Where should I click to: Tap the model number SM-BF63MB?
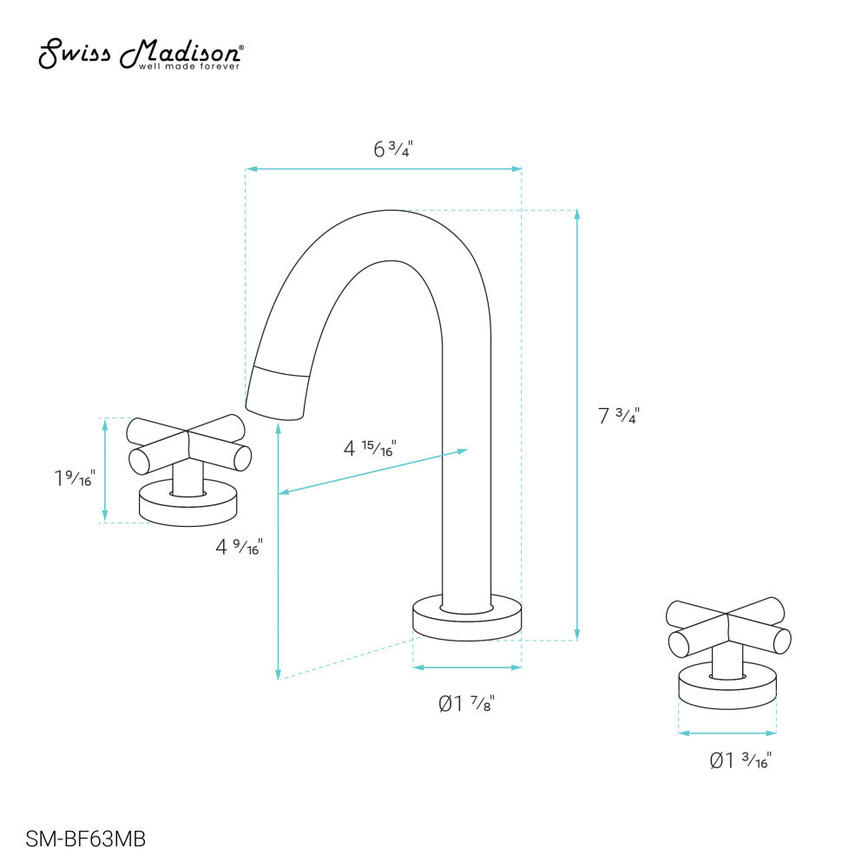click(x=86, y=839)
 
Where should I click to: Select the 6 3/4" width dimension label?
click(x=392, y=148)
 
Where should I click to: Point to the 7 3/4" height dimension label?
click(x=619, y=416)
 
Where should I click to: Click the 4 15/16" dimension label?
click(x=370, y=449)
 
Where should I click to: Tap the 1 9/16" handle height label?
click(x=72, y=477)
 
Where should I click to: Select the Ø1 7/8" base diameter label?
click(x=466, y=703)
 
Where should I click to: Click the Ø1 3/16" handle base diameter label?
click(x=740, y=761)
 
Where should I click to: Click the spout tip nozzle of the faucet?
click(x=278, y=392)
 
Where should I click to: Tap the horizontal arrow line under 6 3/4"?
click(x=383, y=168)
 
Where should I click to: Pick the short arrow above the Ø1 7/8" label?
click(x=467, y=667)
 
